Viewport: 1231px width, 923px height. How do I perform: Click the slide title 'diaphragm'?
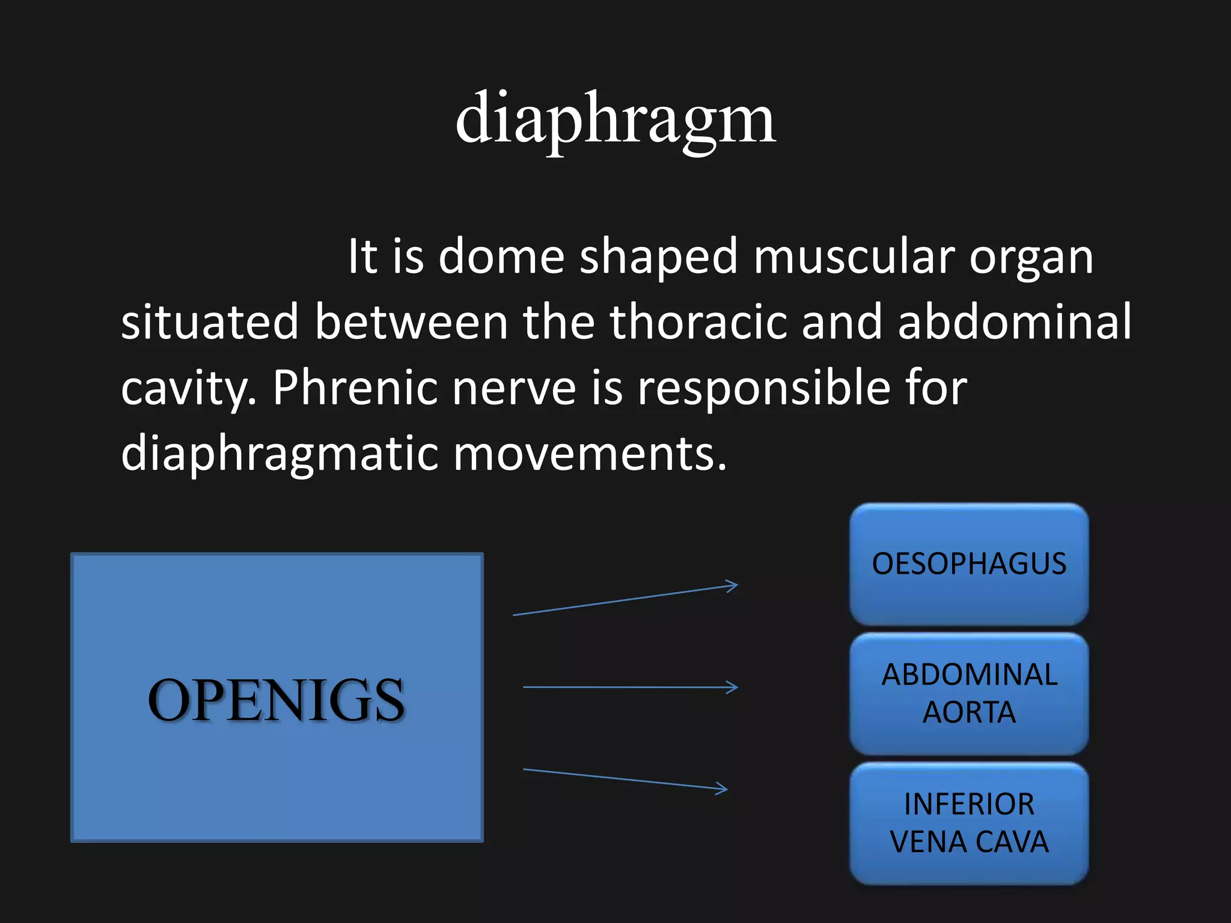coord(615,120)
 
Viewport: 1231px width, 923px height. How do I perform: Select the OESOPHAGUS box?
coord(969,564)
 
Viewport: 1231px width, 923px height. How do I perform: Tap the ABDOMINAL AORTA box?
coord(969,693)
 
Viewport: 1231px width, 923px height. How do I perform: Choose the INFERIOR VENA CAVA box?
coord(969,823)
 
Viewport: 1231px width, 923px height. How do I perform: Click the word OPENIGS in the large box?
coord(276,700)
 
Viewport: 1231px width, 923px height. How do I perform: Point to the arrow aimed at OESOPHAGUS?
coord(625,600)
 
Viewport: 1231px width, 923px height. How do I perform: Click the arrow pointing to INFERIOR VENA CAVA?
coord(625,779)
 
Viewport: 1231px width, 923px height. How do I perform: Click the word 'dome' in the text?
coord(501,257)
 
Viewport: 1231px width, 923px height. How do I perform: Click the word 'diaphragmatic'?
coord(279,454)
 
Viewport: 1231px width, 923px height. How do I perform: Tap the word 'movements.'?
coord(590,453)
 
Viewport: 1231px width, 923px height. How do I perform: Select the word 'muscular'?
coord(854,257)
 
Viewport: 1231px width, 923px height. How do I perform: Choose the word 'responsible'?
coord(763,388)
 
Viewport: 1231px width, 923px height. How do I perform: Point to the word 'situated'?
coord(210,322)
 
